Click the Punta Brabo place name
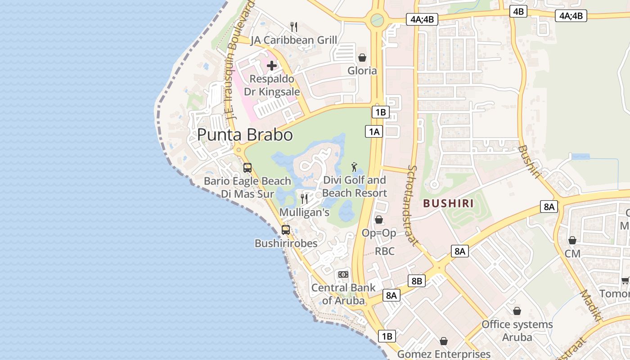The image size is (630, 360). (x=245, y=135)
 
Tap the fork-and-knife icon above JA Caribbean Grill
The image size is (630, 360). (x=294, y=27)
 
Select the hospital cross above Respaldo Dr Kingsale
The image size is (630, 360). (x=272, y=66)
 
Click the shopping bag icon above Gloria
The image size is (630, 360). (x=362, y=58)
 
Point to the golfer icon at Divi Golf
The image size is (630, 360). (x=355, y=167)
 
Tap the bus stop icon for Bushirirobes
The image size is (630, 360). (x=285, y=229)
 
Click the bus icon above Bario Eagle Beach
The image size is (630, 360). (x=247, y=168)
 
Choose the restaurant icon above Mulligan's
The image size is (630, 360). (x=304, y=198)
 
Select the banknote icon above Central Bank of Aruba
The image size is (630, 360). (x=343, y=274)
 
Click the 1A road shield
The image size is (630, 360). (x=373, y=131)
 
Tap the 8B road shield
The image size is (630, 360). (x=416, y=281)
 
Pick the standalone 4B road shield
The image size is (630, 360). (x=518, y=11)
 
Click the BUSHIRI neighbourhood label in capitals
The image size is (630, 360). (x=448, y=203)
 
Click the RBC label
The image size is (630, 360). (x=385, y=251)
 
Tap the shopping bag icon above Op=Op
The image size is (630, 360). (x=379, y=220)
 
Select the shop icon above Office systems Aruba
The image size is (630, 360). (x=517, y=311)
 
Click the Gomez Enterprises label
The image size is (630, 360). (x=444, y=354)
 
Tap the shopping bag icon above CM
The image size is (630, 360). (x=572, y=240)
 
